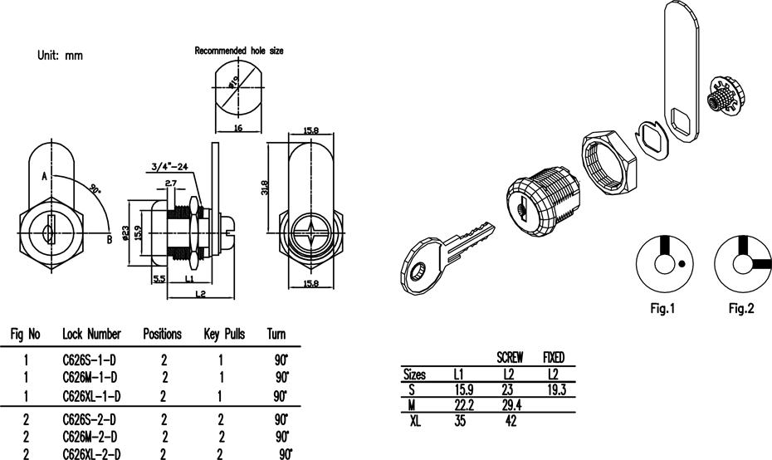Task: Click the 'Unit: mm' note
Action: click(60, 55)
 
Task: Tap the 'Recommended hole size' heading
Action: click(239, 51)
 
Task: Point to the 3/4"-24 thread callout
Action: click(170, 166)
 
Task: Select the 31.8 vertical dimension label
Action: click(265, 188)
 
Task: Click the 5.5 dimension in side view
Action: click(159, 279)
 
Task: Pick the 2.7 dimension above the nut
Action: click(171, 184)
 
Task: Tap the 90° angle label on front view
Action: click(95, 188)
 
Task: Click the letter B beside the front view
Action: click(110, 240)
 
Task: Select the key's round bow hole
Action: click(418, 271)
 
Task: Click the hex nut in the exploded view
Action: click(609, 162)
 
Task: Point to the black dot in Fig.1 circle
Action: click(682, 263)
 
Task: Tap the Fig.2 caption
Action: click(741, 308)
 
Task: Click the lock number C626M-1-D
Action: click(90, 377)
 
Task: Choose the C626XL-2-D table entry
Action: click(91, 453)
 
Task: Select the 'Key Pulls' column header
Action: click(224, 334)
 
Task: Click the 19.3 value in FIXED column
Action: click(556, 390)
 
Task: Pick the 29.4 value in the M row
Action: click(511, 405)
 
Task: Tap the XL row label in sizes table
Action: click(416, 421)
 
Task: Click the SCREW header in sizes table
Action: click(510, 357)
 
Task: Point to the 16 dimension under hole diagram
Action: click(237, 128)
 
